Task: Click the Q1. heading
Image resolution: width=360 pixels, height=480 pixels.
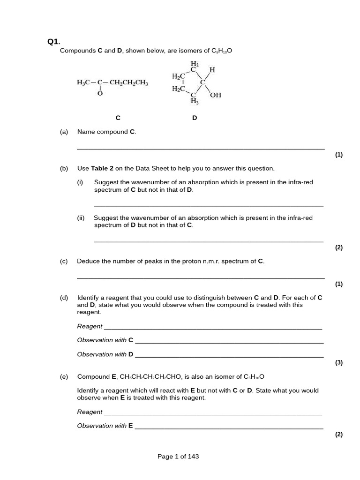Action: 53,42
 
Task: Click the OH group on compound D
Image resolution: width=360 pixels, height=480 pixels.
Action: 216,95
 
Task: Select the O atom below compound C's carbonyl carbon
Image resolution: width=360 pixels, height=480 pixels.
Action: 99,93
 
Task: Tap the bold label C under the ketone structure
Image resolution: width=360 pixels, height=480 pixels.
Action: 118,118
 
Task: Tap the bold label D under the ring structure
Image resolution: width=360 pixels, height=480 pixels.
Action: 195,118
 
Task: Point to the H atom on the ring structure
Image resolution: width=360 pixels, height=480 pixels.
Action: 212,70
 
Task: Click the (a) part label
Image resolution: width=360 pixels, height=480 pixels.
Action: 64,132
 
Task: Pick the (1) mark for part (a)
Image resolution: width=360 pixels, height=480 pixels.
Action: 339,155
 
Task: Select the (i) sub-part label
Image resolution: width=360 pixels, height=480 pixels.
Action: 80,182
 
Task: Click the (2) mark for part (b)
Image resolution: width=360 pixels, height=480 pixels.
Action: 339,247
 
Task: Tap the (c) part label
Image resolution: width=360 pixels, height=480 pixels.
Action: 64,262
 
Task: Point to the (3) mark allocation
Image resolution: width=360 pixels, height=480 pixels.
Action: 339,362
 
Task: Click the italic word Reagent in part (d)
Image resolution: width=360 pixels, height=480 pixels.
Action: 90,326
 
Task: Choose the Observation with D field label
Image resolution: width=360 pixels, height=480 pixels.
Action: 105,354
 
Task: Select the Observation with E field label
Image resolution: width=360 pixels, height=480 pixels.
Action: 105,426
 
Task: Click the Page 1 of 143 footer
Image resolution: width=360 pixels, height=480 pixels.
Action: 178,456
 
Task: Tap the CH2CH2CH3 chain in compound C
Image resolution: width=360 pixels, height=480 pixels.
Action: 129,83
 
